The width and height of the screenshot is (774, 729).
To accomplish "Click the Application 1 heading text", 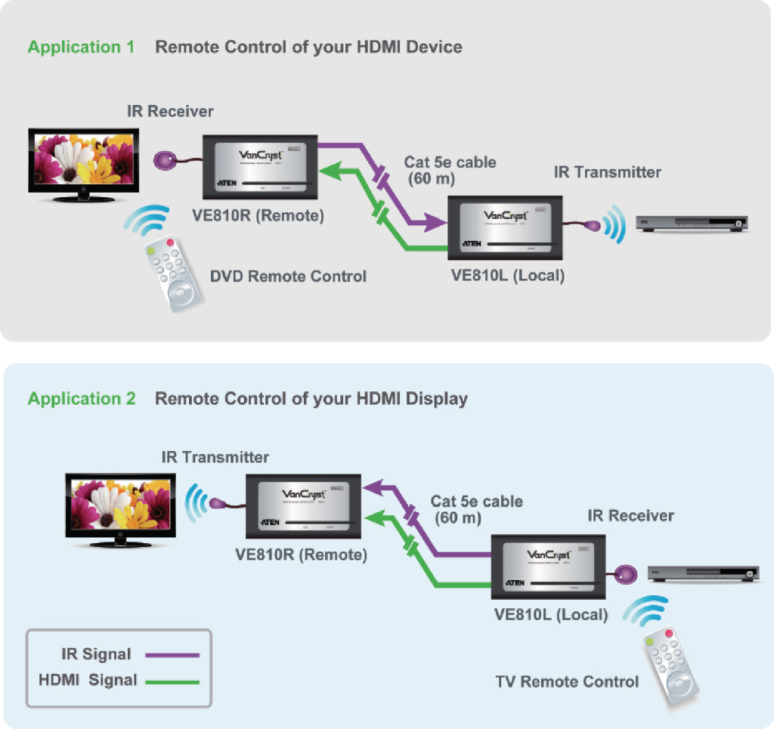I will pos(81,47).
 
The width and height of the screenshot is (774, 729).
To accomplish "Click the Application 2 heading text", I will pos(82,399).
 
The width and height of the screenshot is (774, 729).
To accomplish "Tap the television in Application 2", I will pos(120,508).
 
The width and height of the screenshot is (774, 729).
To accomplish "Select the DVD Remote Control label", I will pos(288,276).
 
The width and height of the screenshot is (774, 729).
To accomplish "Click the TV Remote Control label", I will pos(567,682).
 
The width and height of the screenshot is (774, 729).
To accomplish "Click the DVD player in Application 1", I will pos(691,224).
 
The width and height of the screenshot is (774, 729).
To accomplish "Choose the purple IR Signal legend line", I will pos(173,655).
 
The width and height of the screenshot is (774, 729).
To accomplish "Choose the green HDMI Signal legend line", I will pos(173,682).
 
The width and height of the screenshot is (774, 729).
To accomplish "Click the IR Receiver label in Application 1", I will pos(170,112).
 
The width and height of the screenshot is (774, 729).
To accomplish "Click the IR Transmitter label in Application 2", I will pos(215,457).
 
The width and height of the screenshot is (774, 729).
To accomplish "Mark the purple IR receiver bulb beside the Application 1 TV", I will pos(165,159).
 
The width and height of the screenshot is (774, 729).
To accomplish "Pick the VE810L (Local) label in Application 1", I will pos(508,276).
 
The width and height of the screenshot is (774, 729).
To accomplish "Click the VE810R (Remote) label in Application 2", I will pos(301,554).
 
